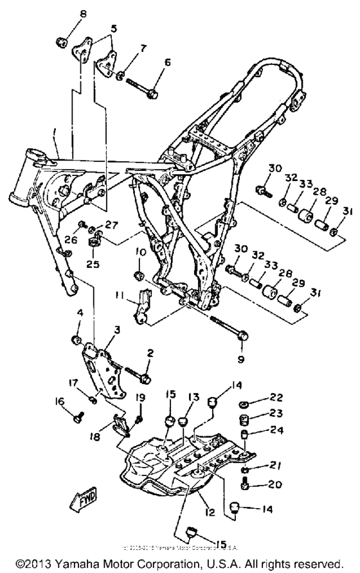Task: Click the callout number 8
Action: click(64, 14)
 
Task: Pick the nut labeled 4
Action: click(75, 339)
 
